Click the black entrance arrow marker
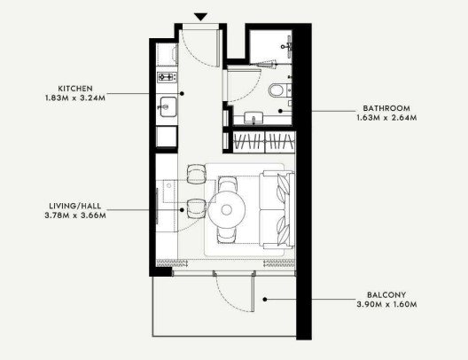click(200, 17)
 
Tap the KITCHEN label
click(75, 89)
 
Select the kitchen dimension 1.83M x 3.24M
click(75, 98)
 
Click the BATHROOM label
click(386, 108)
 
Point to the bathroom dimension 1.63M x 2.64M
click(386, 118)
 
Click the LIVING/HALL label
click(75, 206)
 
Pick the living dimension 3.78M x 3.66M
click(75, 215)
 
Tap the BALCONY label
click(386, 295)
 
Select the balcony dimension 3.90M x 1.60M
click(386, 304)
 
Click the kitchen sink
click(168, 107)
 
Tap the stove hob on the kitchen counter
click(167, 77)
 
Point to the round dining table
click(227, 210)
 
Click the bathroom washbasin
click(253, 117)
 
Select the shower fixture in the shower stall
click(287, 46)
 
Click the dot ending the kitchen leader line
click(182, 93)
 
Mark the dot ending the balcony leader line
click(265, 299)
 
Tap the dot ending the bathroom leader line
click(280, 111)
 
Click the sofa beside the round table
click(277, 210)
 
